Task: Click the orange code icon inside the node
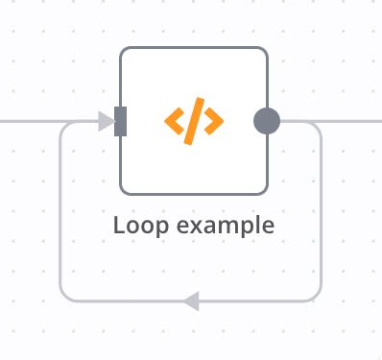(194, 121)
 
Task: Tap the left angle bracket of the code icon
(174, 121)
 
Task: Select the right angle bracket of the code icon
(214, 121)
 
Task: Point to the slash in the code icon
(194, 121)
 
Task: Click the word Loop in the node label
(139, 227)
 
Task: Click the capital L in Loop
(119, 226)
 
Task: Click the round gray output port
(267, 121)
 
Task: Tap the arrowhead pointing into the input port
(106, 121)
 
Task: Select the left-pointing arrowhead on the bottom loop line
(190, 301)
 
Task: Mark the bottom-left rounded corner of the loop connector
(65, 296)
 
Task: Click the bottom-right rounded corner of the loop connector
(316, 296)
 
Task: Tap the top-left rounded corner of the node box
(125, 52)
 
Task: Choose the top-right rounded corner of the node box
(262, 52)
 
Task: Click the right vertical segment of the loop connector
(321, 211)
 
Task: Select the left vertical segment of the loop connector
(60, 211)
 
